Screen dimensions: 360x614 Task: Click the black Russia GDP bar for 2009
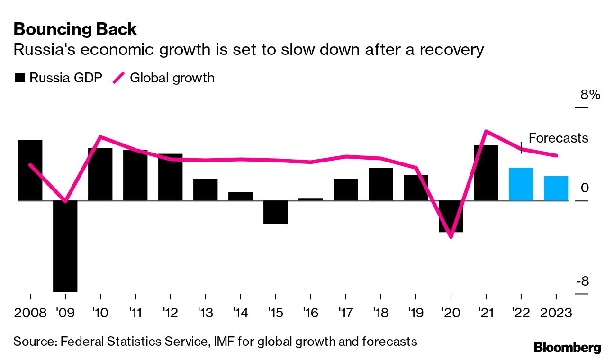[x=65, y=246]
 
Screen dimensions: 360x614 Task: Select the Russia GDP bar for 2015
[x=275, y=212]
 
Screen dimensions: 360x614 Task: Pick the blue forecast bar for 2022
[x=521, y=184]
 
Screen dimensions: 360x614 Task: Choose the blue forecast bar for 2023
[x=556, y=188]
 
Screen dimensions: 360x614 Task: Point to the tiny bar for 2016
[x=310, y=199]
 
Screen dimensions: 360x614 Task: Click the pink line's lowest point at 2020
[x=451, y=236]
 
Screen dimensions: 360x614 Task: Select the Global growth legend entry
[x=163, y=78]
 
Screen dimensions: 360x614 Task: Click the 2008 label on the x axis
[x=30, y=313]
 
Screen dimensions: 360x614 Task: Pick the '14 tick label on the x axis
[x=240, y=313]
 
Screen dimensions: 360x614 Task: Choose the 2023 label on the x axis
[x=555, y=313]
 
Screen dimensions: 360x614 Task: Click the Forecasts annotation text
[x=558, y=138]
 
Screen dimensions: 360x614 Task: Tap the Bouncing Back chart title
[x=75, y=29]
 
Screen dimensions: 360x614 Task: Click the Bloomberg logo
[x=567, y=347]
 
